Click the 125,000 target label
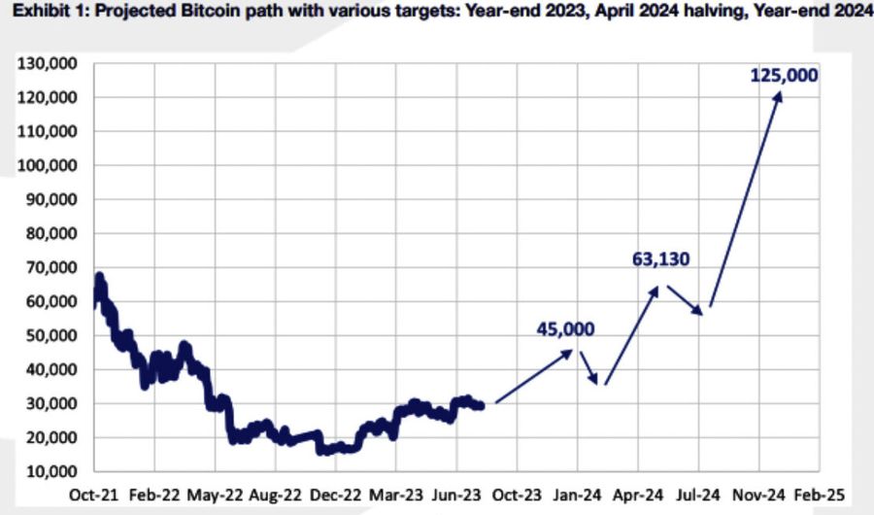coord(784,75)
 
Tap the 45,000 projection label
coord(565,329)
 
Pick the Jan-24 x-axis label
coord(577,495)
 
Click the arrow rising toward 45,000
coord(534,376)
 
